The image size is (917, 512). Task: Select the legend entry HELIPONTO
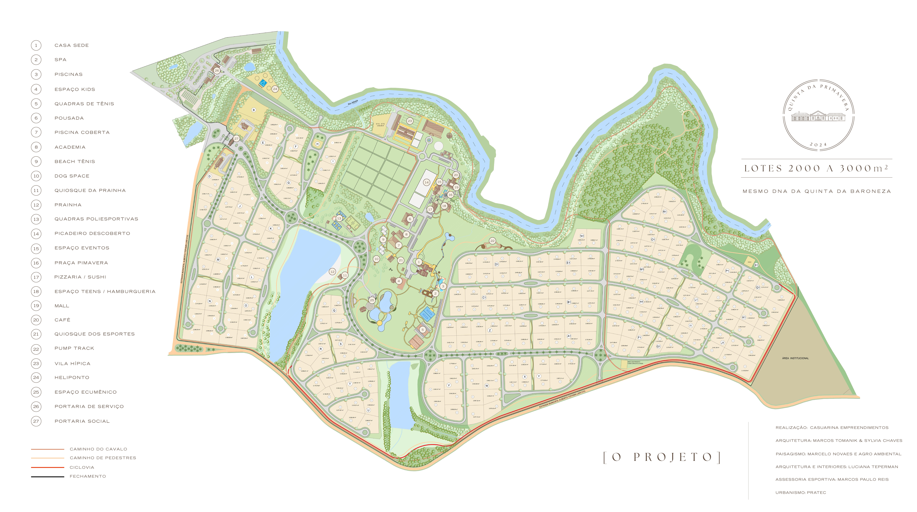(x=72, y=377)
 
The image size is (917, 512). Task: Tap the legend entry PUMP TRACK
(x=74, y=348)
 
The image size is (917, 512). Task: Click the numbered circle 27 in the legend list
(x=36, y=421)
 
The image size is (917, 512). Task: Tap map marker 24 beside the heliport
(x=275, y=89)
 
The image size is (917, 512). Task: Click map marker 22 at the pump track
(x=492, y=241)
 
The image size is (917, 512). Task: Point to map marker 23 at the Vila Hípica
(x=410, y=121)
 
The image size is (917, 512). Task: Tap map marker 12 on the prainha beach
(x=332, y=271)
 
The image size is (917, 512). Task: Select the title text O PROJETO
(x=662, y=457)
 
